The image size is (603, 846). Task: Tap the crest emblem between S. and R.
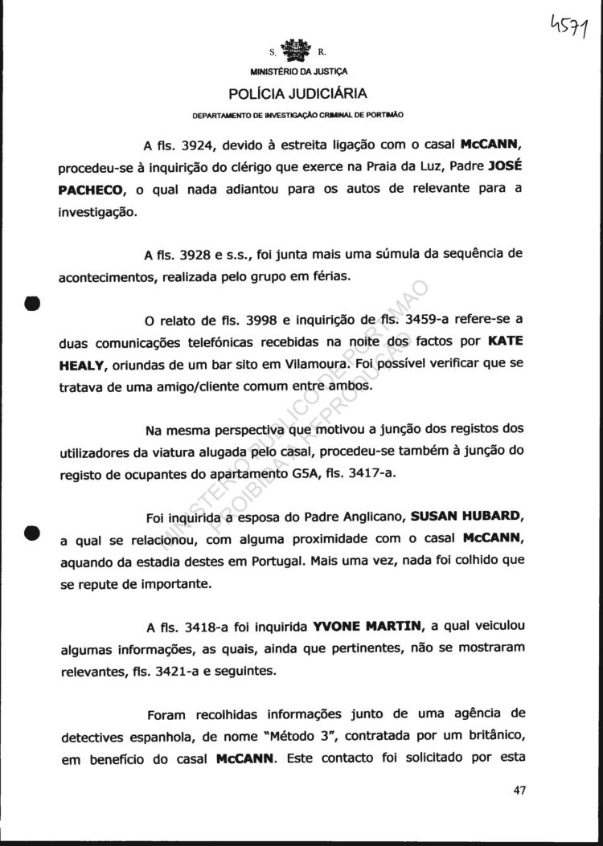pos(300,52)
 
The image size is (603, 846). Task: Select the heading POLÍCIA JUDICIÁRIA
pos(300,92)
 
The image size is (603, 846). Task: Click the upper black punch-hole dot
pos(31,304)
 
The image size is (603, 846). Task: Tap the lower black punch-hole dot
pos(31,533)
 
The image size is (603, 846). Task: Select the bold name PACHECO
pos(92,190)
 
